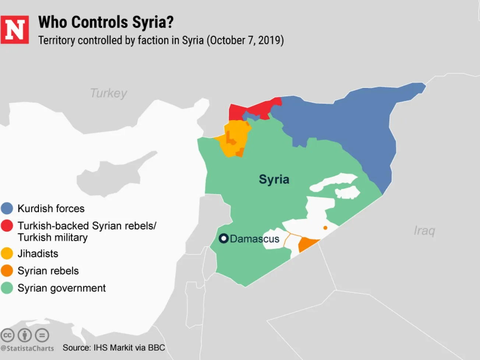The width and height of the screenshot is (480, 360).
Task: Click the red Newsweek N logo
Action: [15, 30]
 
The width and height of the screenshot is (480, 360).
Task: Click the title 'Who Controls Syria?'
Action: [106, 22]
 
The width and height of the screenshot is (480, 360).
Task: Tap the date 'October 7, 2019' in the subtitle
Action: [245, 40]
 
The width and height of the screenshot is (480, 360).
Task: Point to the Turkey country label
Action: [109, 93]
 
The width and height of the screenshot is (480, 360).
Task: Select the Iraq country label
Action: [424, 231]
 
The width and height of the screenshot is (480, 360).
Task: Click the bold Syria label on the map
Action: [274, 179]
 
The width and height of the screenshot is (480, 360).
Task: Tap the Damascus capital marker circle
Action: [223, 239]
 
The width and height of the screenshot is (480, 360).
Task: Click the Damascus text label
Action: [254, 239]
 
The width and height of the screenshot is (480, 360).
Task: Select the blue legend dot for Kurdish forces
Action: [7, 208]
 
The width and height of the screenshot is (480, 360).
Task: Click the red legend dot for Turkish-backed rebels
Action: [7, 226]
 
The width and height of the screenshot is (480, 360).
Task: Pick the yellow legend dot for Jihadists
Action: [7, 254]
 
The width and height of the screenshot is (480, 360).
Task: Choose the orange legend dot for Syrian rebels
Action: [7, 271]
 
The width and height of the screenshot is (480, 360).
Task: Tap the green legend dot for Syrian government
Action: [7, 288]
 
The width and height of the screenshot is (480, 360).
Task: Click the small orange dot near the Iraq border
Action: [325, 228]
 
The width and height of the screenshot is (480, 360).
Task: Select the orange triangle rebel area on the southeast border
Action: [306, 244]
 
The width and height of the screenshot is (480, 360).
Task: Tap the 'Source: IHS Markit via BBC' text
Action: [114, 347]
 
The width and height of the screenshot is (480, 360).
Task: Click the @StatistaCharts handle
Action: [27, 348]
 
